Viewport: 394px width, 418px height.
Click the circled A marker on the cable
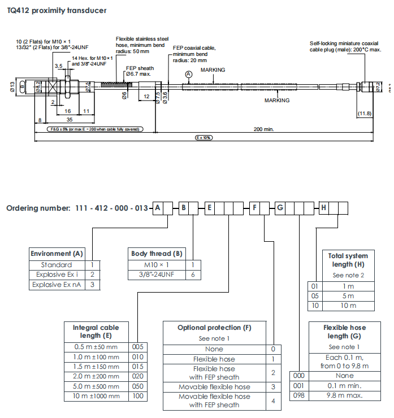[189, 74]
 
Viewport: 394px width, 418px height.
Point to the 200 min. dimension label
[263, 129]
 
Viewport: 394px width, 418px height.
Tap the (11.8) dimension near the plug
[365, 114]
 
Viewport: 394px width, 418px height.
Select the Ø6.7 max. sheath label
[138, 74]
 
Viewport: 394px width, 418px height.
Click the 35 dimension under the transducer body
[69, 120]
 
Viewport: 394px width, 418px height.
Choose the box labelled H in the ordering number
[323, 208]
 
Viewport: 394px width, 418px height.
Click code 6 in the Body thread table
[193, 275]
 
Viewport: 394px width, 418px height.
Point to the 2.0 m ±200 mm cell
[97, 376]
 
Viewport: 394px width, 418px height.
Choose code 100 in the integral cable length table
[138, 396]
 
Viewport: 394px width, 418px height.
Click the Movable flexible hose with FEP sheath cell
[214, 400]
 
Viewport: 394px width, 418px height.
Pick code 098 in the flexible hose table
[300, 396]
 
